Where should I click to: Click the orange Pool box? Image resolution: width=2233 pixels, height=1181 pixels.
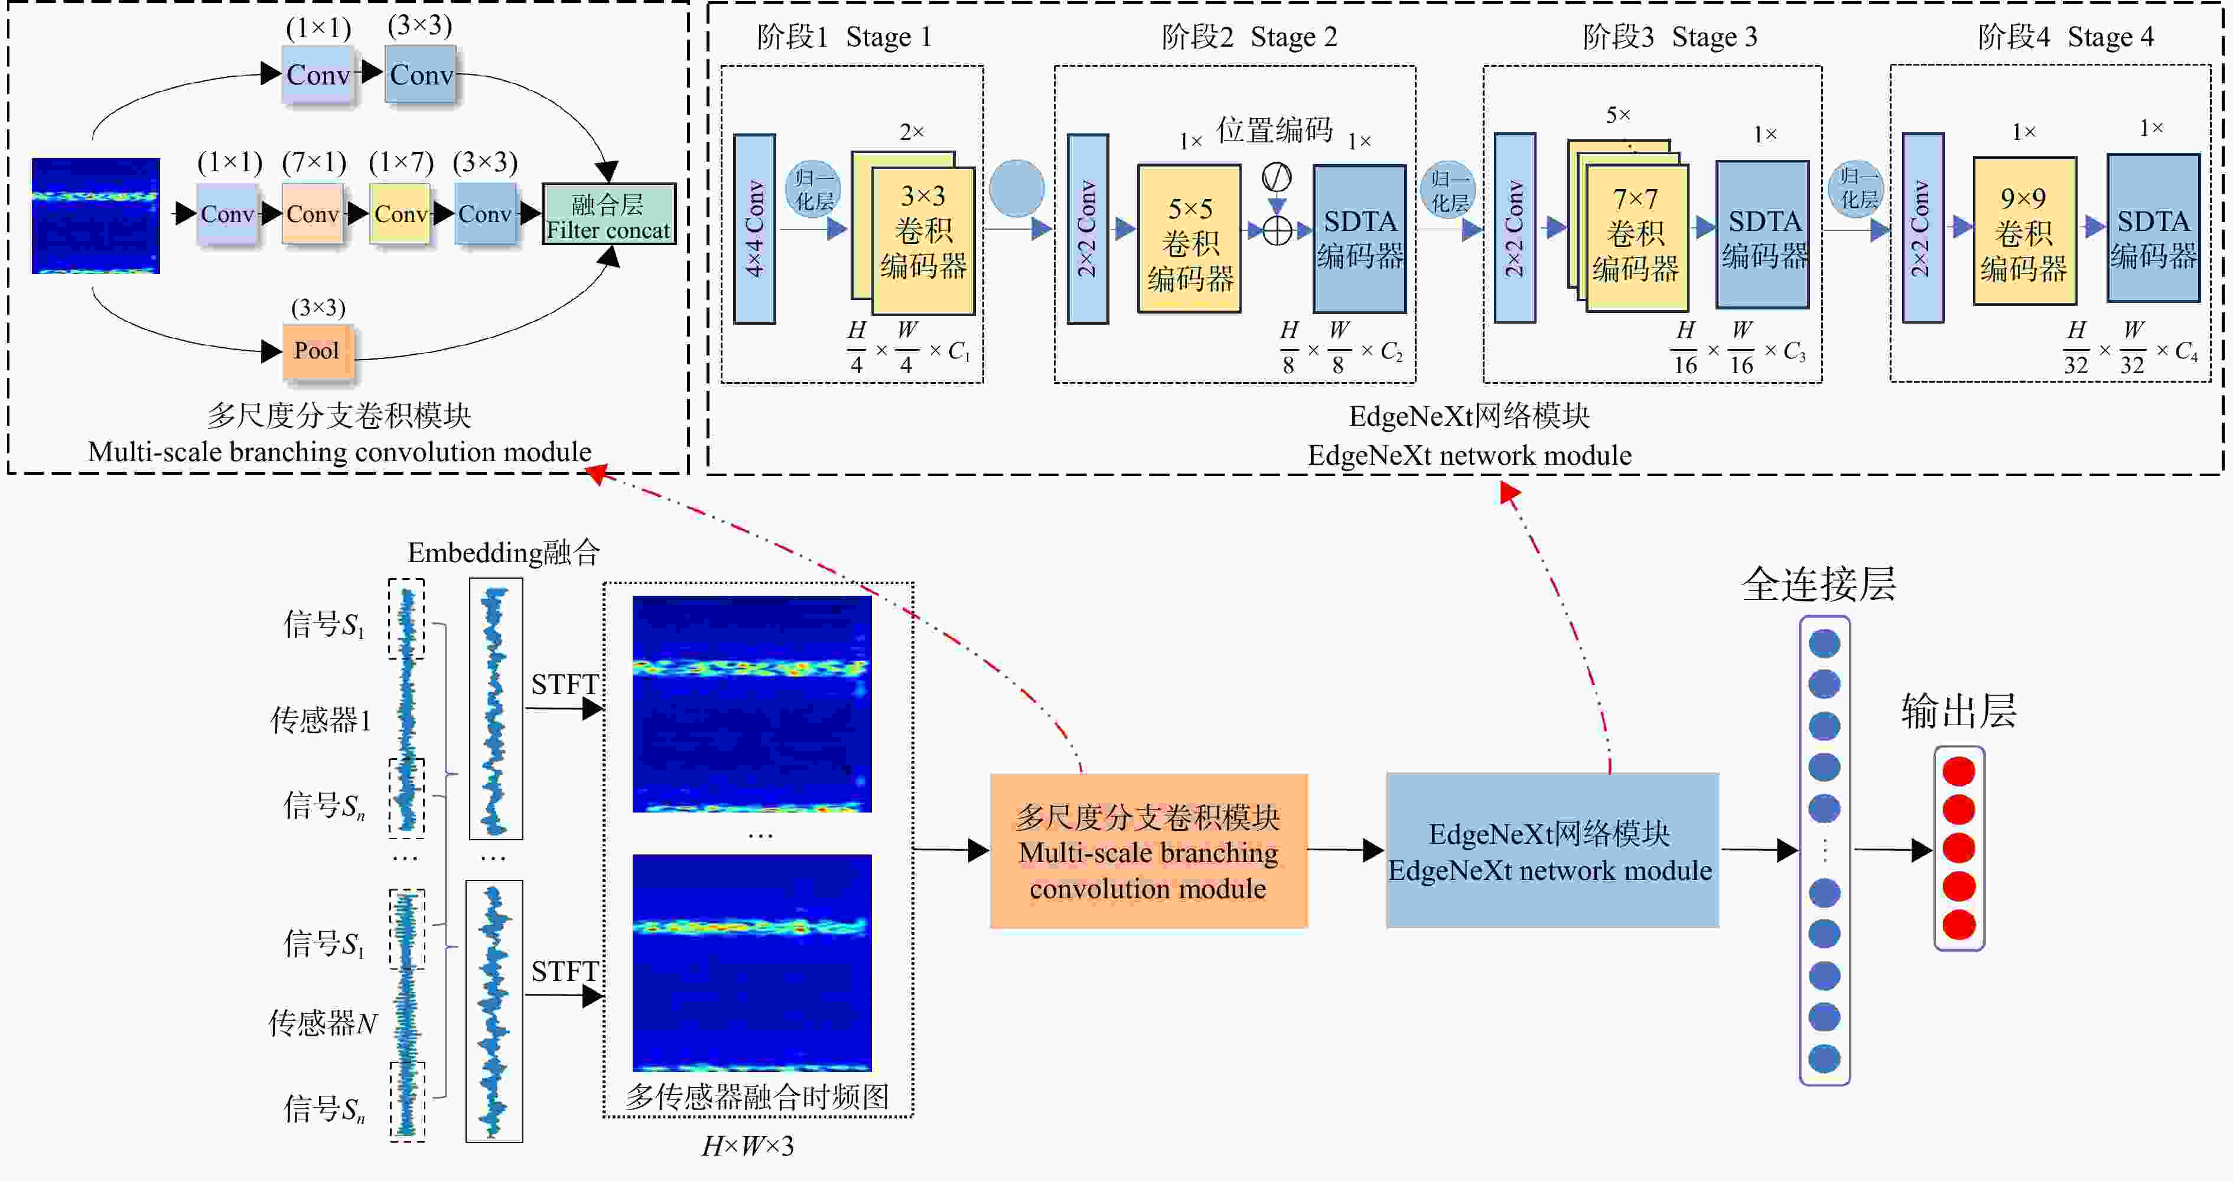coord(317,351)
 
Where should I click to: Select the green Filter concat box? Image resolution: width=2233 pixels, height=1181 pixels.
coord(608,214)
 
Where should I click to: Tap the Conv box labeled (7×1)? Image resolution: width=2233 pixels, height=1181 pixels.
coord(313,213)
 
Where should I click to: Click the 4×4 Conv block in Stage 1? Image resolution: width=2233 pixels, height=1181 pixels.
coord(754,229)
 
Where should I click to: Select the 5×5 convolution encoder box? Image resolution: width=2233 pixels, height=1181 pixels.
coord(1189,239)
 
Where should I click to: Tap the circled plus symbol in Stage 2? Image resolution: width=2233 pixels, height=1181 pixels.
coord(1277,230)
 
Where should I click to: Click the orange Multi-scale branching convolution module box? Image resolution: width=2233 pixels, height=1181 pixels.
coord(1148,851)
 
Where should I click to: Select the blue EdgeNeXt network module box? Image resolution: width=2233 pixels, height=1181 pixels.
coord(1552,851)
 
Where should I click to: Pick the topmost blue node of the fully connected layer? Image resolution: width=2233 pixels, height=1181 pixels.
coord(1825,644)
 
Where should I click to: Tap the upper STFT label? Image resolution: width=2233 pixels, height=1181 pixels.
coord(564,684)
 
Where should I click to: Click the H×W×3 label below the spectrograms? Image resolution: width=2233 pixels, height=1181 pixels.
coord(747,1146)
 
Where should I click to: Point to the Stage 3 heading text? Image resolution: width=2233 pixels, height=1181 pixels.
coord(1669,37)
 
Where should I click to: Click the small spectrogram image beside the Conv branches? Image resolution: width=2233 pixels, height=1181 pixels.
coord(95,216)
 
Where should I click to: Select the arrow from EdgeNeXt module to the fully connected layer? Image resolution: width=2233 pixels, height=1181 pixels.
coord(1759,850)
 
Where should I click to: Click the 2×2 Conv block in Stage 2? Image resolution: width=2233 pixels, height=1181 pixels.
coord(1087,229)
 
